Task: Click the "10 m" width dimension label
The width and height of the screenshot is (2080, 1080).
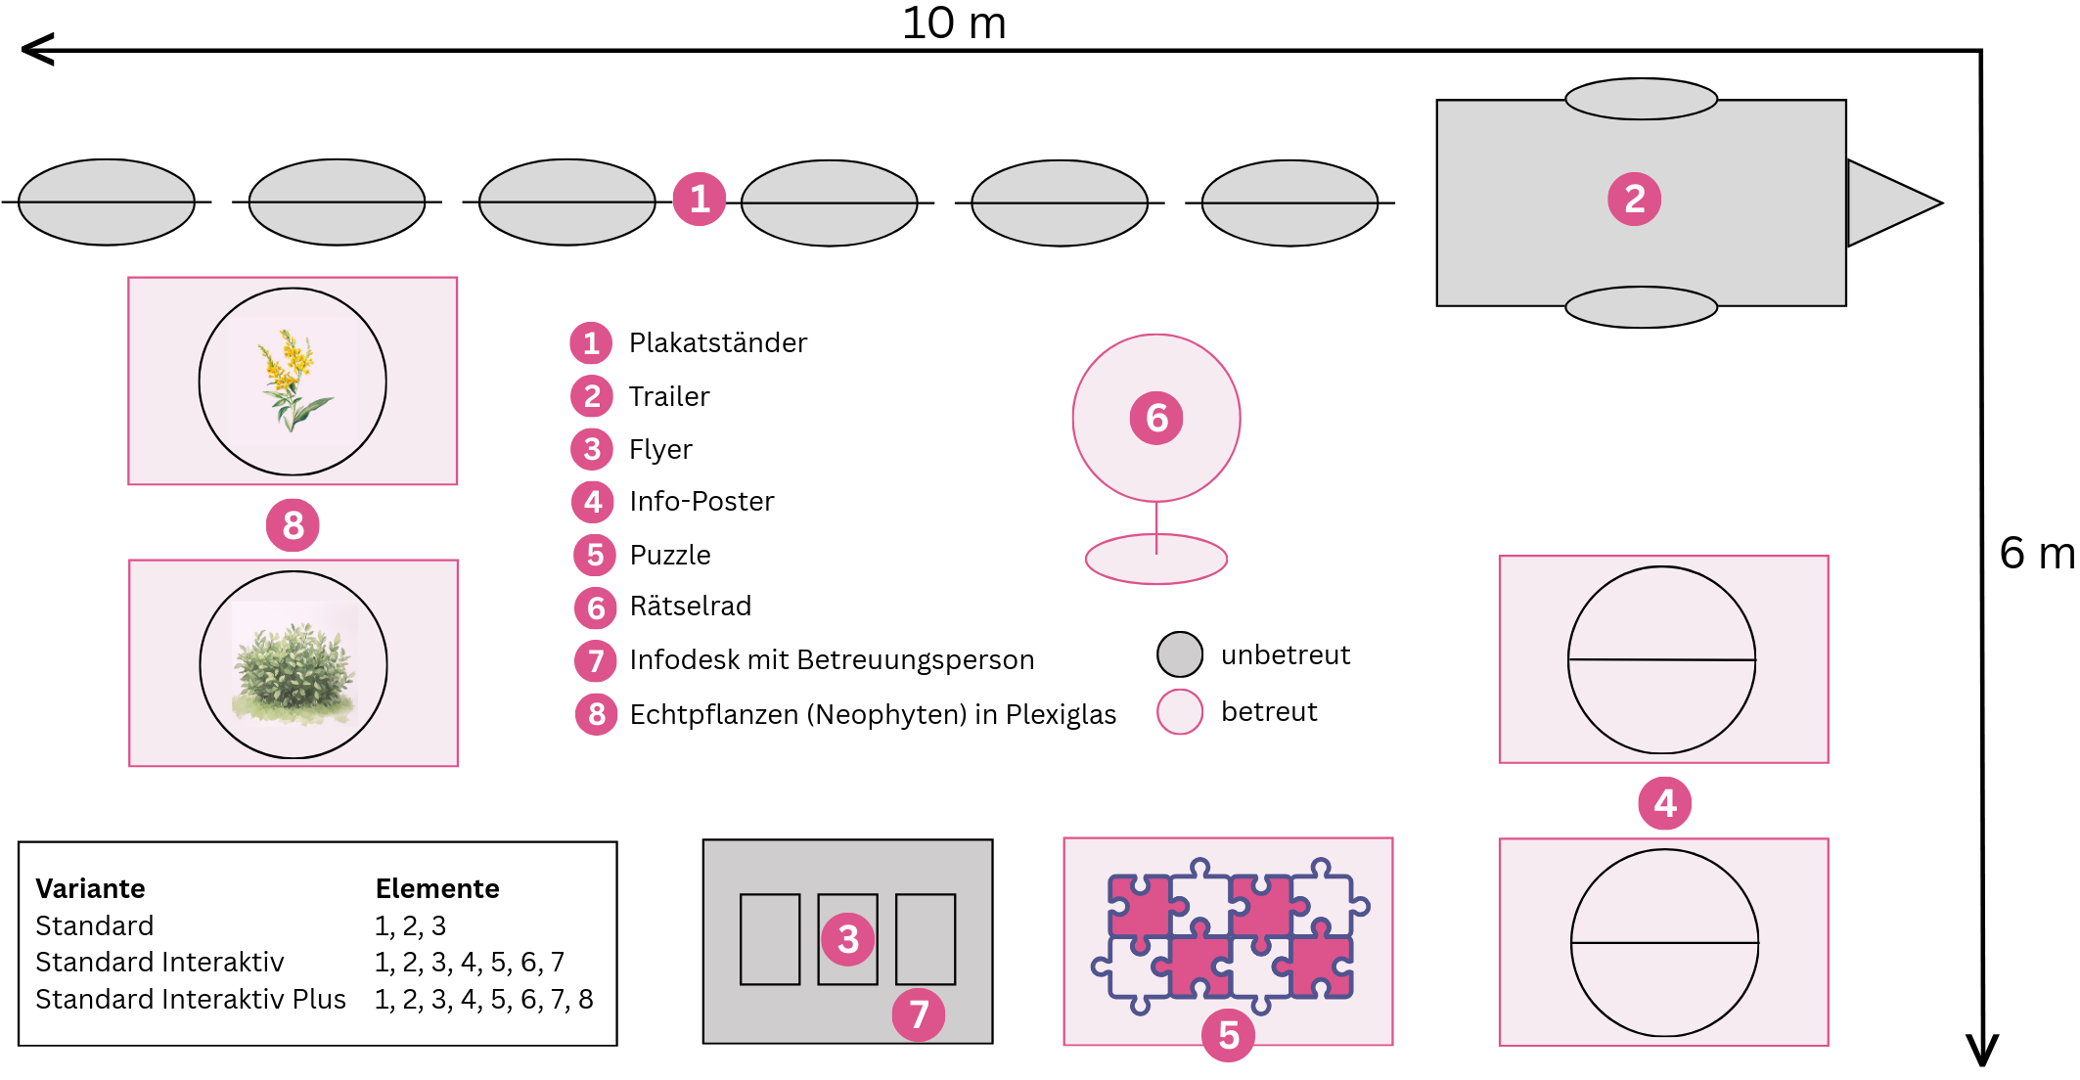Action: (954, 23)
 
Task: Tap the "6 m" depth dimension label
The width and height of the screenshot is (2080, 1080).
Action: (2036, 554)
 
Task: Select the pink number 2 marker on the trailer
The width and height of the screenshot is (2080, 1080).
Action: (1634, 200)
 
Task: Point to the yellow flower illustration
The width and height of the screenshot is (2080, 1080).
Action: (292, 380)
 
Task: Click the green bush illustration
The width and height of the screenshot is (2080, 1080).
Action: (294, 664)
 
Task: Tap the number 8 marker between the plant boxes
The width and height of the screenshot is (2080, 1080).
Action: (293, 525)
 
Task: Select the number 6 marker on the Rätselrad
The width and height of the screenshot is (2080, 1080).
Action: (1156, 419)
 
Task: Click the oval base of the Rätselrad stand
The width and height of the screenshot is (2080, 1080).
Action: (1156, 560)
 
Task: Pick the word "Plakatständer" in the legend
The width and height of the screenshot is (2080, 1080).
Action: (717, 343)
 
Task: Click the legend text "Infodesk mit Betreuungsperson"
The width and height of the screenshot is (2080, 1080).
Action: (832, 660)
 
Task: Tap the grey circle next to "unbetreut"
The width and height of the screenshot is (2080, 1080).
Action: (1180, 654)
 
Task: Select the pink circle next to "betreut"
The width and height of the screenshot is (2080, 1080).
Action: (1180, 712)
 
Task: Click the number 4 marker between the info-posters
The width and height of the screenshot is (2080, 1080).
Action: (1664, 803)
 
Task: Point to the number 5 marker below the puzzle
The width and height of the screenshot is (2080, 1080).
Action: (1229, 1035)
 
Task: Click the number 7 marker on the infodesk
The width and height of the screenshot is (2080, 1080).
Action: (919, 1015)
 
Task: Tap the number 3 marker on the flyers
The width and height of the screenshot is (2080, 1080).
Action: (848, 939)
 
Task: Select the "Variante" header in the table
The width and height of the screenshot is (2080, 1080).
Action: (90, 888)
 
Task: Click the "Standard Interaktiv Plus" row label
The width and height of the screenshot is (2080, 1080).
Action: (191, 1000)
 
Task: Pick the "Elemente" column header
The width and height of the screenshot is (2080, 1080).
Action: (437, 888)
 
